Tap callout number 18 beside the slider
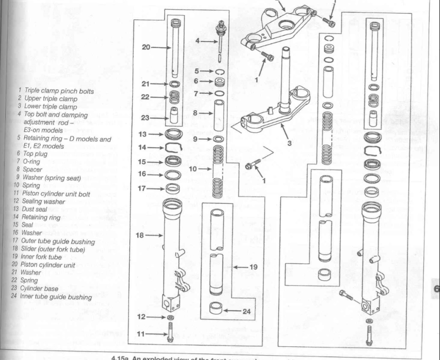(x=140, y=235)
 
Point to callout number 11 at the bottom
(x=140, y=334)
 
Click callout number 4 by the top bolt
(x=199, y=41)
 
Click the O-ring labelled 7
(x=219, y=93)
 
